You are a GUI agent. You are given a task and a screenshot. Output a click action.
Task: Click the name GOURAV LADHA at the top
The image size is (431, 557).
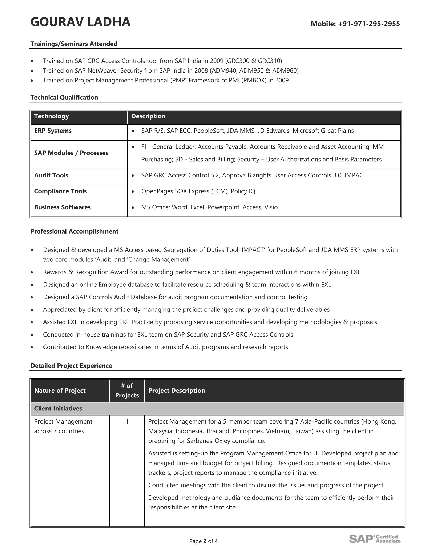(x=80, y=22)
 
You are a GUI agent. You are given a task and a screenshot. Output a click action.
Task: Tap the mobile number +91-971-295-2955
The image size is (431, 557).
(x=369, y=24)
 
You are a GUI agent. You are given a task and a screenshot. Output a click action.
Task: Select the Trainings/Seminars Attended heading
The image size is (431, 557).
(x=74, y=44)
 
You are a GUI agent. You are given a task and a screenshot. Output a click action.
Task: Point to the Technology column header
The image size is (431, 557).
(x=51, y=116)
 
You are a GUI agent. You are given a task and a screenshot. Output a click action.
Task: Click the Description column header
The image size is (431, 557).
(x=148, y=116)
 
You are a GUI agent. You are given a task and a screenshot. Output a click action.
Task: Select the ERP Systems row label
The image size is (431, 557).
(x=53, y=131)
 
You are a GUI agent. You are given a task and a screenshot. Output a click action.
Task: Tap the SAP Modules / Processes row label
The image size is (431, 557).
(x=71, y=153)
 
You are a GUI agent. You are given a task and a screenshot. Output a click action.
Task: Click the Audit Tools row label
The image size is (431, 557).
(x=51, y=176)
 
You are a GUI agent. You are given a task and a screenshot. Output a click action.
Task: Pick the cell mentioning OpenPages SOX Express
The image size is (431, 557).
(x=198, y=191)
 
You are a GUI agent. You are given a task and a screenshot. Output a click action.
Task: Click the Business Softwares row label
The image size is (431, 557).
(x=62, y=207)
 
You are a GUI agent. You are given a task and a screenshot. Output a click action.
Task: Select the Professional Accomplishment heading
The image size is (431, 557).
(x=74, y=232)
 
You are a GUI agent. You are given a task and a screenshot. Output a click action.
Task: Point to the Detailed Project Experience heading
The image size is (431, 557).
(x=71, y=366)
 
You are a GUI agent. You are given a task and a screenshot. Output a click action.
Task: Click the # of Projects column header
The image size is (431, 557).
(x=127, y=391)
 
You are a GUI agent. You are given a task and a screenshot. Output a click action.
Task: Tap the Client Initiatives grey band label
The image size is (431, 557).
(x=58, y=409)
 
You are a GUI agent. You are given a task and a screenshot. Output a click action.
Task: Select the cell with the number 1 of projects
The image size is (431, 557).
(x=127, y=422)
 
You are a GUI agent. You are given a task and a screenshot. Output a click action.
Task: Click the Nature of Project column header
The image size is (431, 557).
(x=60, y=391)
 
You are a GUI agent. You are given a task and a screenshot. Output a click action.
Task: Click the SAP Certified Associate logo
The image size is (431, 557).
(x=375, y=539)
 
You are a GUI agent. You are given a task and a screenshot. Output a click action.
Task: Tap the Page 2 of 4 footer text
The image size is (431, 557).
(x=204, y=541)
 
